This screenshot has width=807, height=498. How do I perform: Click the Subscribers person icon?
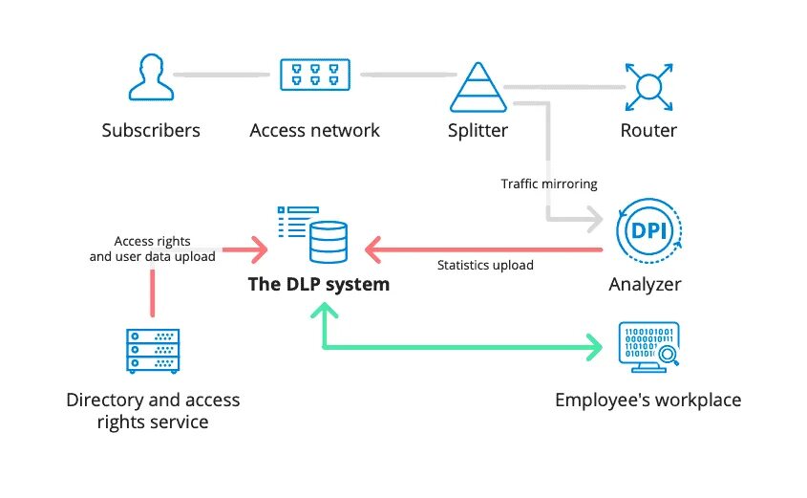(x=150, y=77)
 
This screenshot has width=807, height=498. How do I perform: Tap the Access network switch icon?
(x=314, y=75)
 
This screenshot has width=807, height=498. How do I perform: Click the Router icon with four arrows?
(x=649, y=87)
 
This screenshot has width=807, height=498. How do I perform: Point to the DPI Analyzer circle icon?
(x=649, y=229)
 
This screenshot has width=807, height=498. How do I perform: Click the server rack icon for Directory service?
(x=153, y=351)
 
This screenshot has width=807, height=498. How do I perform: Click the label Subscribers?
(x=151, y=130)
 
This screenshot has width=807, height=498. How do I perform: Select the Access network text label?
(x=314, y=130)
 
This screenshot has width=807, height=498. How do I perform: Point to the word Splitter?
(x=478, y=130)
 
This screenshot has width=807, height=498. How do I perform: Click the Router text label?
(x=648, y=130)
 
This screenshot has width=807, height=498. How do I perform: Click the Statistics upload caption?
(x=485, y=265)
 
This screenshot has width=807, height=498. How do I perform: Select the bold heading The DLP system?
(x=318, y=284)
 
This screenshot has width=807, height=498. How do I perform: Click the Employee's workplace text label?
(x=648, y=400)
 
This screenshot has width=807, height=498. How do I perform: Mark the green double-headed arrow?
(x=458, y=345)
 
